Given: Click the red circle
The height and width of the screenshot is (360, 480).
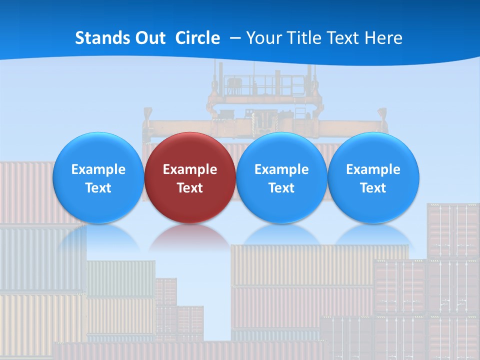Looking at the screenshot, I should tap(190, 177).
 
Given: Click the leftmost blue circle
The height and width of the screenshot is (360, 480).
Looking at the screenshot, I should tap(98, 177).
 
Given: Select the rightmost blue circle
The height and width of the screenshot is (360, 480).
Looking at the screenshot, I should tap(373, 177).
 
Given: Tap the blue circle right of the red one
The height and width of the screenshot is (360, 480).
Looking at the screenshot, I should tap(281, 177).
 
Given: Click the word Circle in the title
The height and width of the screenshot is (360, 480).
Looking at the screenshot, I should tap(197, 38).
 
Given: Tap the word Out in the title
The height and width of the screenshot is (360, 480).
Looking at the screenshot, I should tap(150, 38).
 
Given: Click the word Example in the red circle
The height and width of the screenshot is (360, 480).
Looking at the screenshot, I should tap(190, 169).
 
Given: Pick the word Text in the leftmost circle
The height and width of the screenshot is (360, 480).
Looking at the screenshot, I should tap(98, 188).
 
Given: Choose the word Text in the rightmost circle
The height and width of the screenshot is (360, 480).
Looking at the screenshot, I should tap(373, 188).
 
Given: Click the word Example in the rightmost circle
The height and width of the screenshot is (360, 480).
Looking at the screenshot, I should tap(373, 169).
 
